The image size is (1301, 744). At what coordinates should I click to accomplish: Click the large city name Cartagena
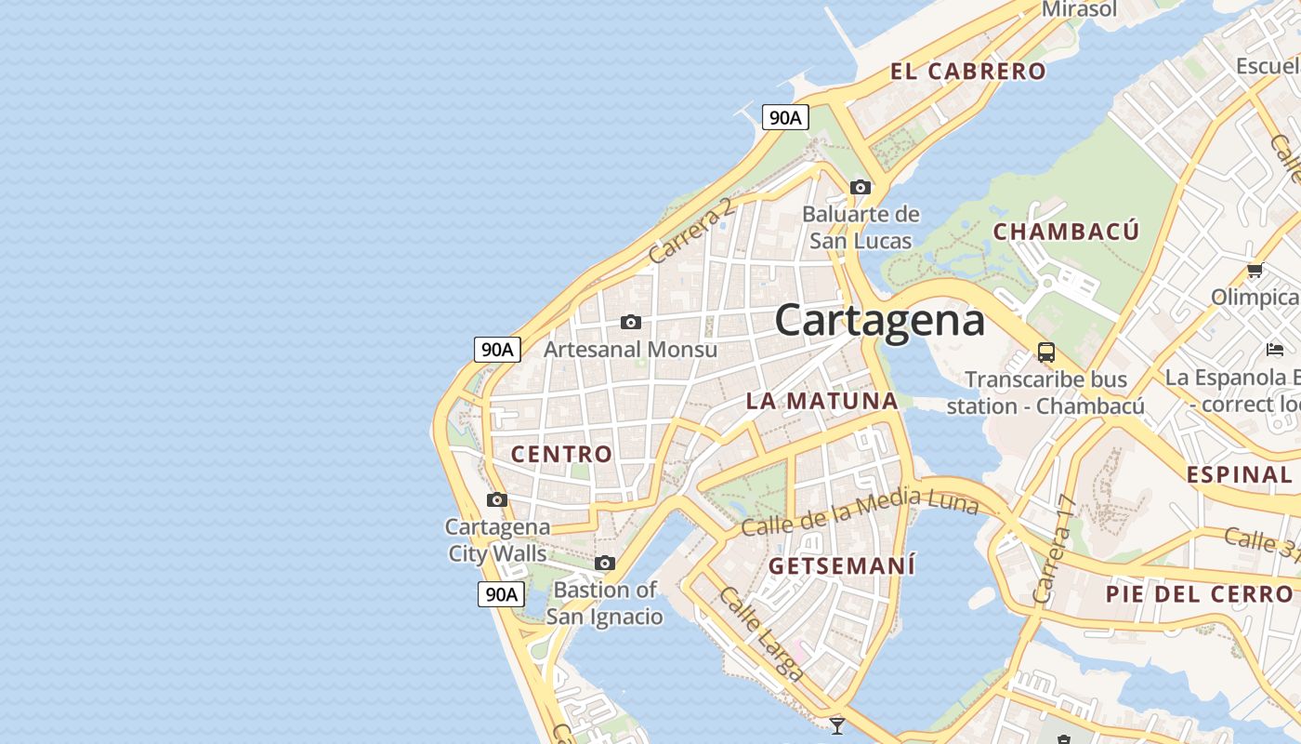[x=879, y=321]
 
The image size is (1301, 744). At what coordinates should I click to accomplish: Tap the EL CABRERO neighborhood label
[x=967, y=72]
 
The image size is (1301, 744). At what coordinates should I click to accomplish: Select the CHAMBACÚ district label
[x=1066, y=232]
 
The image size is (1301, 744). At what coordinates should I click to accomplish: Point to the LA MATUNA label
[x=822, y=402]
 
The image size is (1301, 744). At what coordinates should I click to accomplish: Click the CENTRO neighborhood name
[x=562, y=454]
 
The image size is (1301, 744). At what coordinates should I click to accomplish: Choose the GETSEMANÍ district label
[x=842, y=565]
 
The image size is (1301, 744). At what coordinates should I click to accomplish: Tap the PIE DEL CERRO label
[x=1199, y=594]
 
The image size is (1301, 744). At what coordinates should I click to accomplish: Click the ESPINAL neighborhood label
[x=1239, y=474]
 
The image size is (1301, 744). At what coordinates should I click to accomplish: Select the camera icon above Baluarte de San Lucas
[x=861, y=187]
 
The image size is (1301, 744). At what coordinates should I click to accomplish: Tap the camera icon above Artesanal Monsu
[x=631, y=322]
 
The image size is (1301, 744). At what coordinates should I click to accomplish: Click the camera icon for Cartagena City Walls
[x=497, y=499]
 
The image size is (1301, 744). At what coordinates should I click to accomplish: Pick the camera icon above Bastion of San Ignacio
[x=605, y=563]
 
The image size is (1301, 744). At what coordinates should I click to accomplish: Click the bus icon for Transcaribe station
[x=1046, y=352]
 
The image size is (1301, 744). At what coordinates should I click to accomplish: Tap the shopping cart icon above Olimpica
[x=1255, y=271]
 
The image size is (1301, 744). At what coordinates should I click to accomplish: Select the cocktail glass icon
[x=837, y=725]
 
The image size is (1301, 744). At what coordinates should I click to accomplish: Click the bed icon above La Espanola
[x=1274, y=350]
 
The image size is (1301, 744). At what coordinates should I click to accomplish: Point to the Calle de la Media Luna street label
[x=860, y=513]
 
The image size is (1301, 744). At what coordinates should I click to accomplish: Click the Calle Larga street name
[x=761, y=634]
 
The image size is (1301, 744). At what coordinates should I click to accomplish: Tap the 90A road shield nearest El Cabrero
[x=785, y=117]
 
